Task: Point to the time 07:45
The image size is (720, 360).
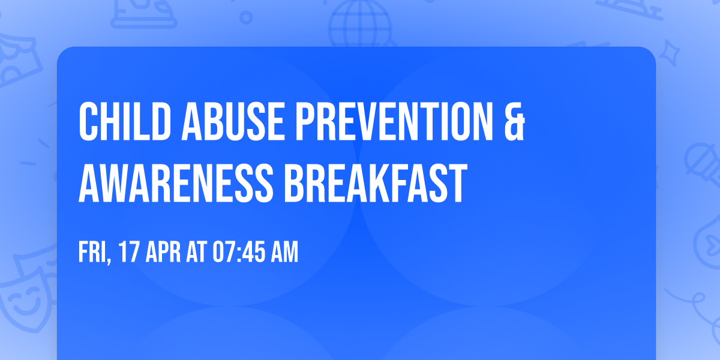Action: coord(239,253)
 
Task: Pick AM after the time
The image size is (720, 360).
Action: coord(284,253)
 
